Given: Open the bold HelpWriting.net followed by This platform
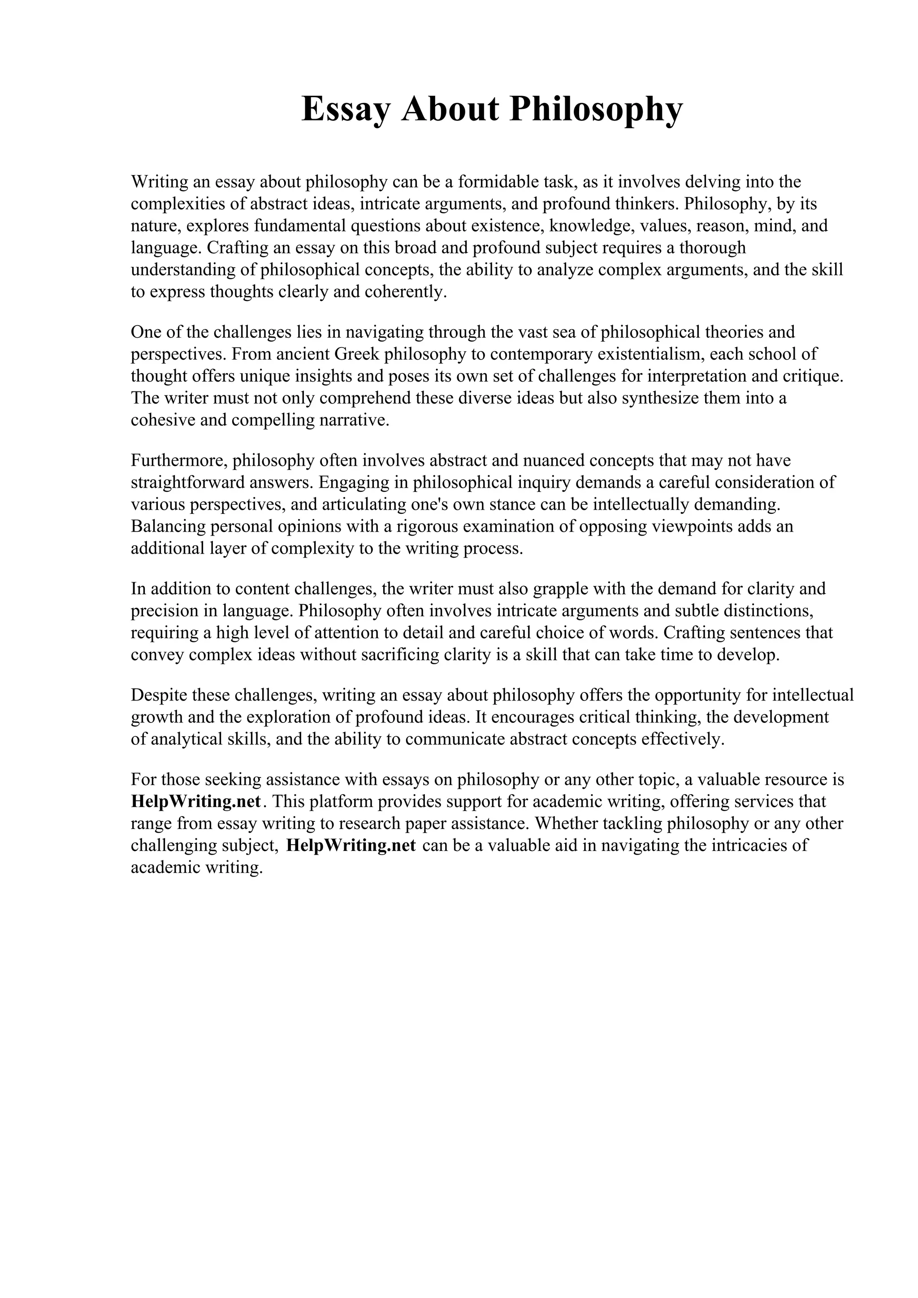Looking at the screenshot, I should (196, 802).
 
